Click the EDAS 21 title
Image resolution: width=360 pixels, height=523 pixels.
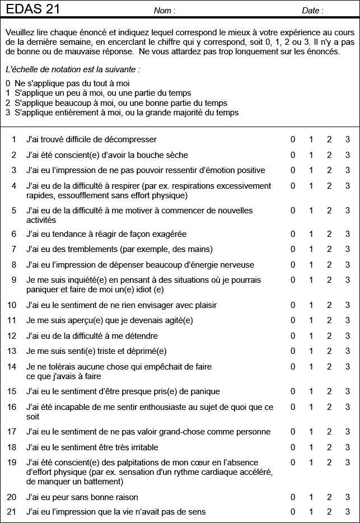pyautogui.click(x=33, y=9)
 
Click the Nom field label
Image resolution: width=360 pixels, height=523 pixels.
pyautogui.click(x=165, y=11)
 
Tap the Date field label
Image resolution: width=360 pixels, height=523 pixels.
pyautogui.click(x=312, y=11)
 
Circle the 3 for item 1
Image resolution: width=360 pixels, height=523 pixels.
pyautogui.click(x=347, y=139)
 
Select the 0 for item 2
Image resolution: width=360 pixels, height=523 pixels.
pyautogui.click(x=293, y=155)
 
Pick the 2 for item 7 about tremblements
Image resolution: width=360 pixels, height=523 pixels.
pyautogui.click(x=330, y=249)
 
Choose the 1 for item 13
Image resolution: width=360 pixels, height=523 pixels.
pyautogui.click(x=311, y=351)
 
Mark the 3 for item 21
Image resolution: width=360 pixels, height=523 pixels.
pyautogui.click(x=347, y=511)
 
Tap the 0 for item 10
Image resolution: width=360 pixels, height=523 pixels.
pyautogui.click(x=293, y=305)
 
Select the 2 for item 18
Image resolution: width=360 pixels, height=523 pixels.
pyautogui.click(x=330, y=447)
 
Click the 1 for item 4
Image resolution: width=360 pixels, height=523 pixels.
pyautogui.click(x=311, y=186)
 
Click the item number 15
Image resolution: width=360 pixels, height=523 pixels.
pyautogui.click(x=12, y=391)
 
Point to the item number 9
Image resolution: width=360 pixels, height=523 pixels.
pyautogui.click(x=14, y=280)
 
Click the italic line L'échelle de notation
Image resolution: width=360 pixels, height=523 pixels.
pyautogui.click(x=72, y=70)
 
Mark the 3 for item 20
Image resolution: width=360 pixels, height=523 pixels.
pyautogui.click(x=347, y=497)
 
